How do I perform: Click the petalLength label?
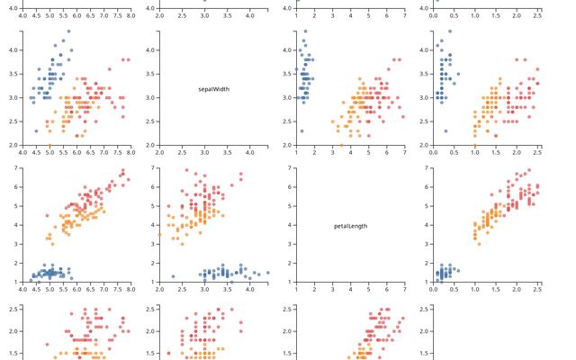(350, 226)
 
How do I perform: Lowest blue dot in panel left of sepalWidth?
(36, 131)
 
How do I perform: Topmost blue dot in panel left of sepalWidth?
(68, 31)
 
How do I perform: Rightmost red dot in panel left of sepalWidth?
(128, 59)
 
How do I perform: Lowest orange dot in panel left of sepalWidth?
(49, 145)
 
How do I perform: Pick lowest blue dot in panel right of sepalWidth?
(301, 131)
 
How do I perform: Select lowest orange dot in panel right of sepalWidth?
(342, 145)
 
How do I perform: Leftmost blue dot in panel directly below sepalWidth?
(173, 276)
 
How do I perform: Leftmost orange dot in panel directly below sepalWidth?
(159, 235)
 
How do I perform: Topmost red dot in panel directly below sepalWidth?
(186, 169)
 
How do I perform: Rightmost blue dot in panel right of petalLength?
(458, 266)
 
